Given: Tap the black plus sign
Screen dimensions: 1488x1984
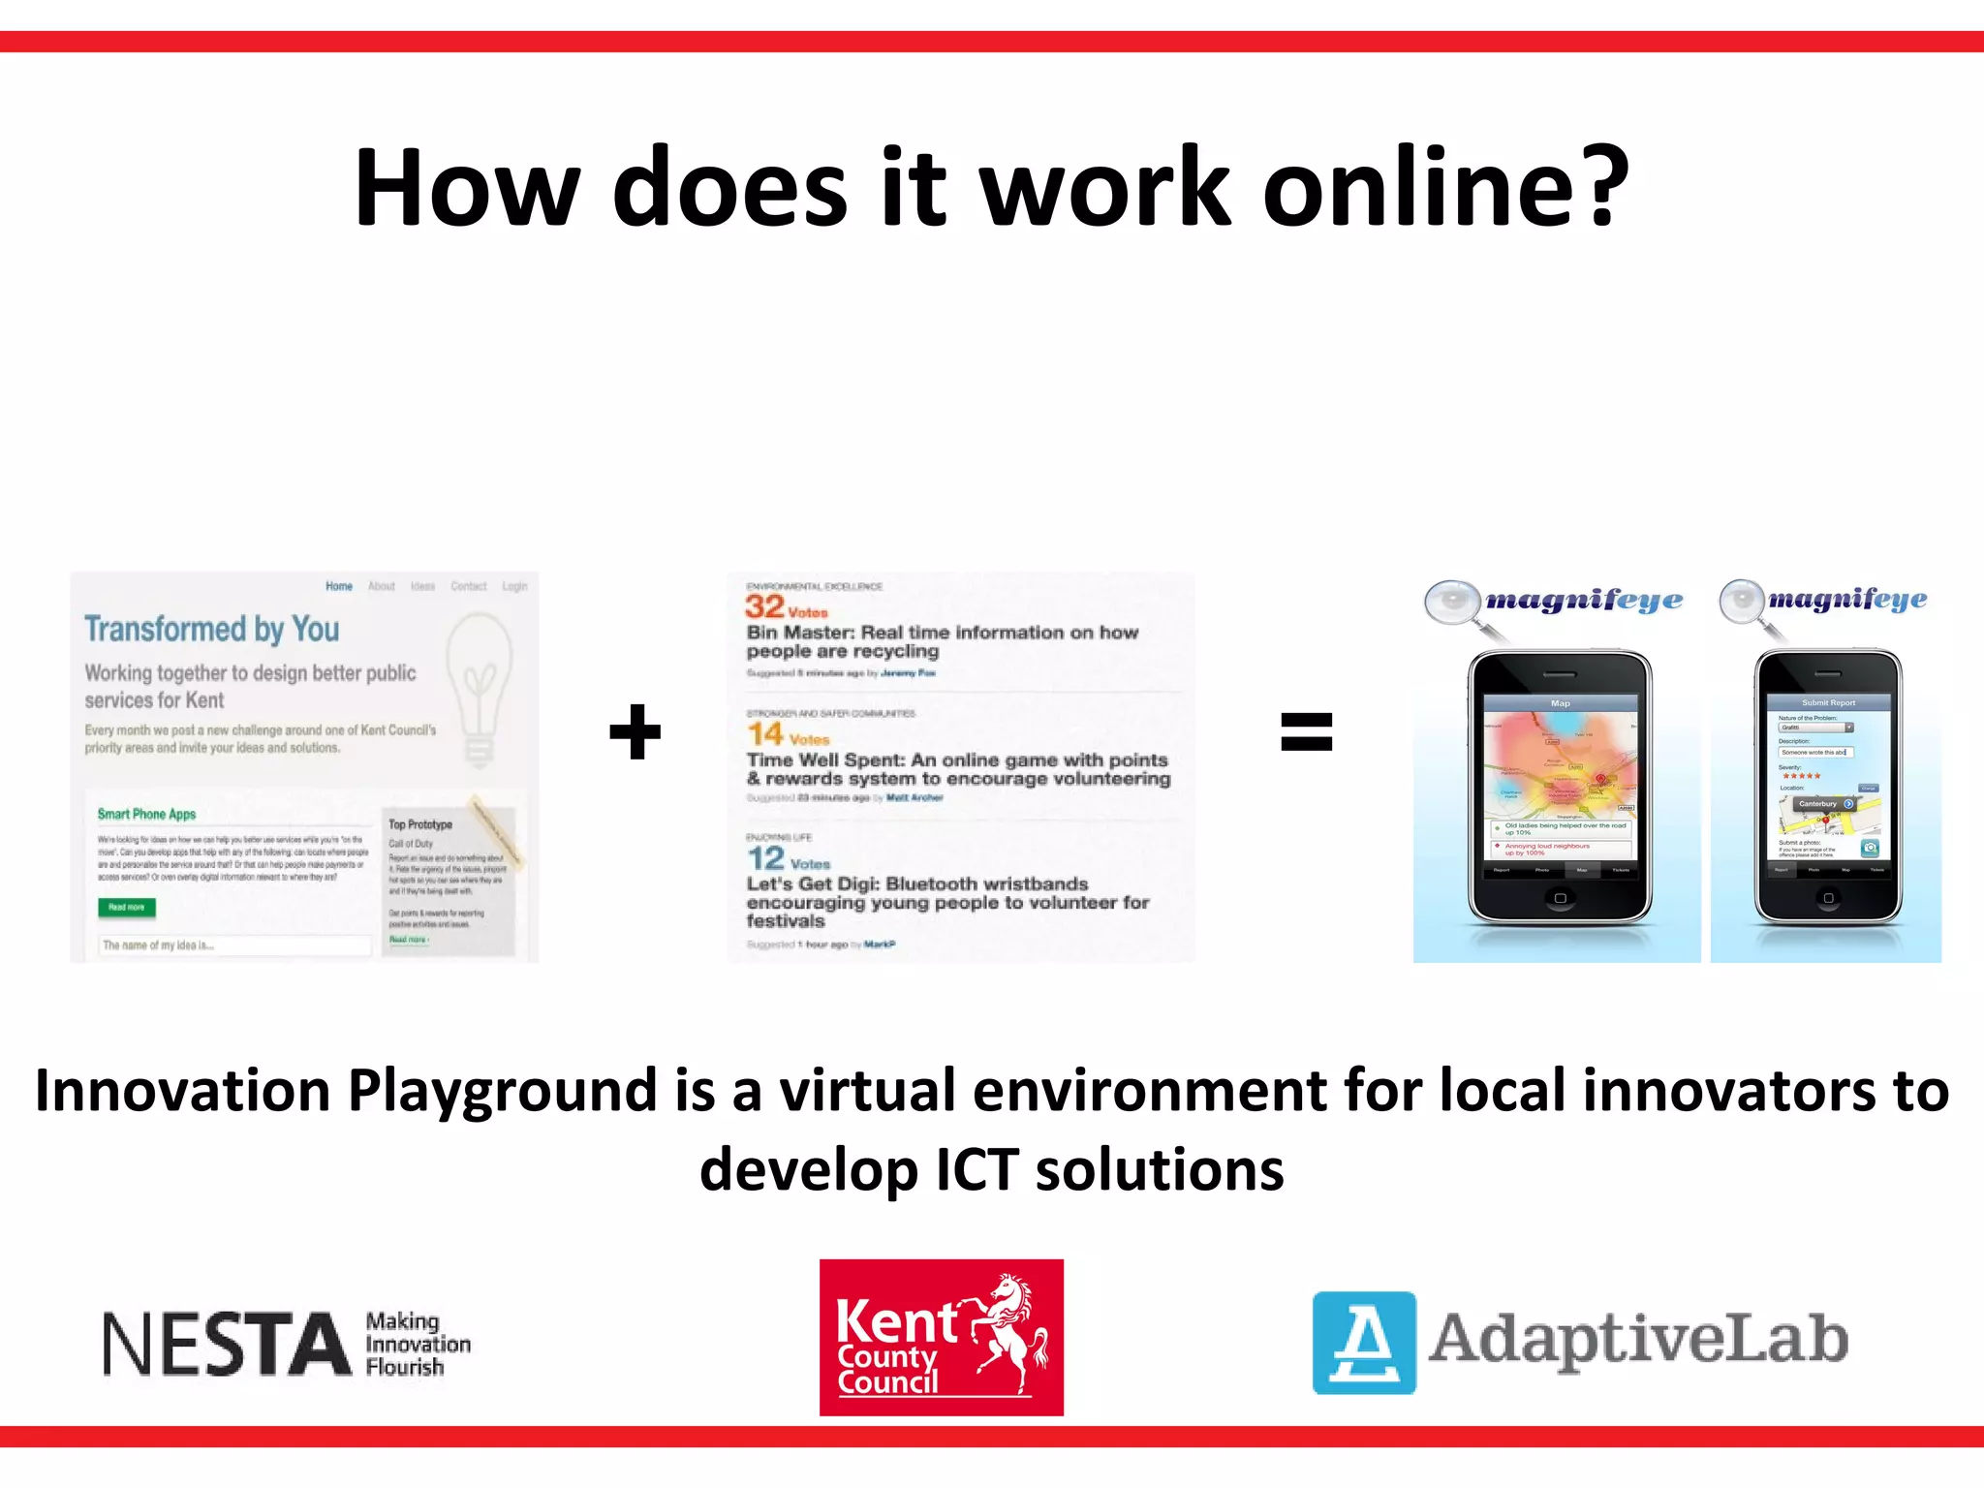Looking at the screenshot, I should (x=635, y=731).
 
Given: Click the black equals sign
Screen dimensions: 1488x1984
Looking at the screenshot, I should (x=1306, y=731).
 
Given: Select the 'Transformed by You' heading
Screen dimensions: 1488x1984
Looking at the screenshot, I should (x=211, y=629).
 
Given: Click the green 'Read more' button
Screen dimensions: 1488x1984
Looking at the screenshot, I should (x=127, y=907).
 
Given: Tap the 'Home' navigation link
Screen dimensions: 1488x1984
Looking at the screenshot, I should (x=339, y=586).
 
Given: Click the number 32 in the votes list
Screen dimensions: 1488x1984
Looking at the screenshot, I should (x=764, y=606).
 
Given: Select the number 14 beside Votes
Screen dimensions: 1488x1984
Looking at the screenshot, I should (x=764, y=734).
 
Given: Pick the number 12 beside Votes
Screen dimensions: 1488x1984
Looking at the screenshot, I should (x=765, y=858).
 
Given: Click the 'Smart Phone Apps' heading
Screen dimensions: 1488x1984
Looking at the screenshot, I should (x=146, y=814).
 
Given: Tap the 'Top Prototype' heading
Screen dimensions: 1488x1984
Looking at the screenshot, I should (x=420, y=824).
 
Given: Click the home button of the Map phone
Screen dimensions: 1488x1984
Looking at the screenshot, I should (x=1560, y=898).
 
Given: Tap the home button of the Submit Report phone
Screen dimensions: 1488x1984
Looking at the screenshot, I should (x=1828, y=898).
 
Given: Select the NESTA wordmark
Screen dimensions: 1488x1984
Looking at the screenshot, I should (x=227, y=1344).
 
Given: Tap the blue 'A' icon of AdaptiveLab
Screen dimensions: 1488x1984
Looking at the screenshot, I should (x=1364, y=1342).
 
